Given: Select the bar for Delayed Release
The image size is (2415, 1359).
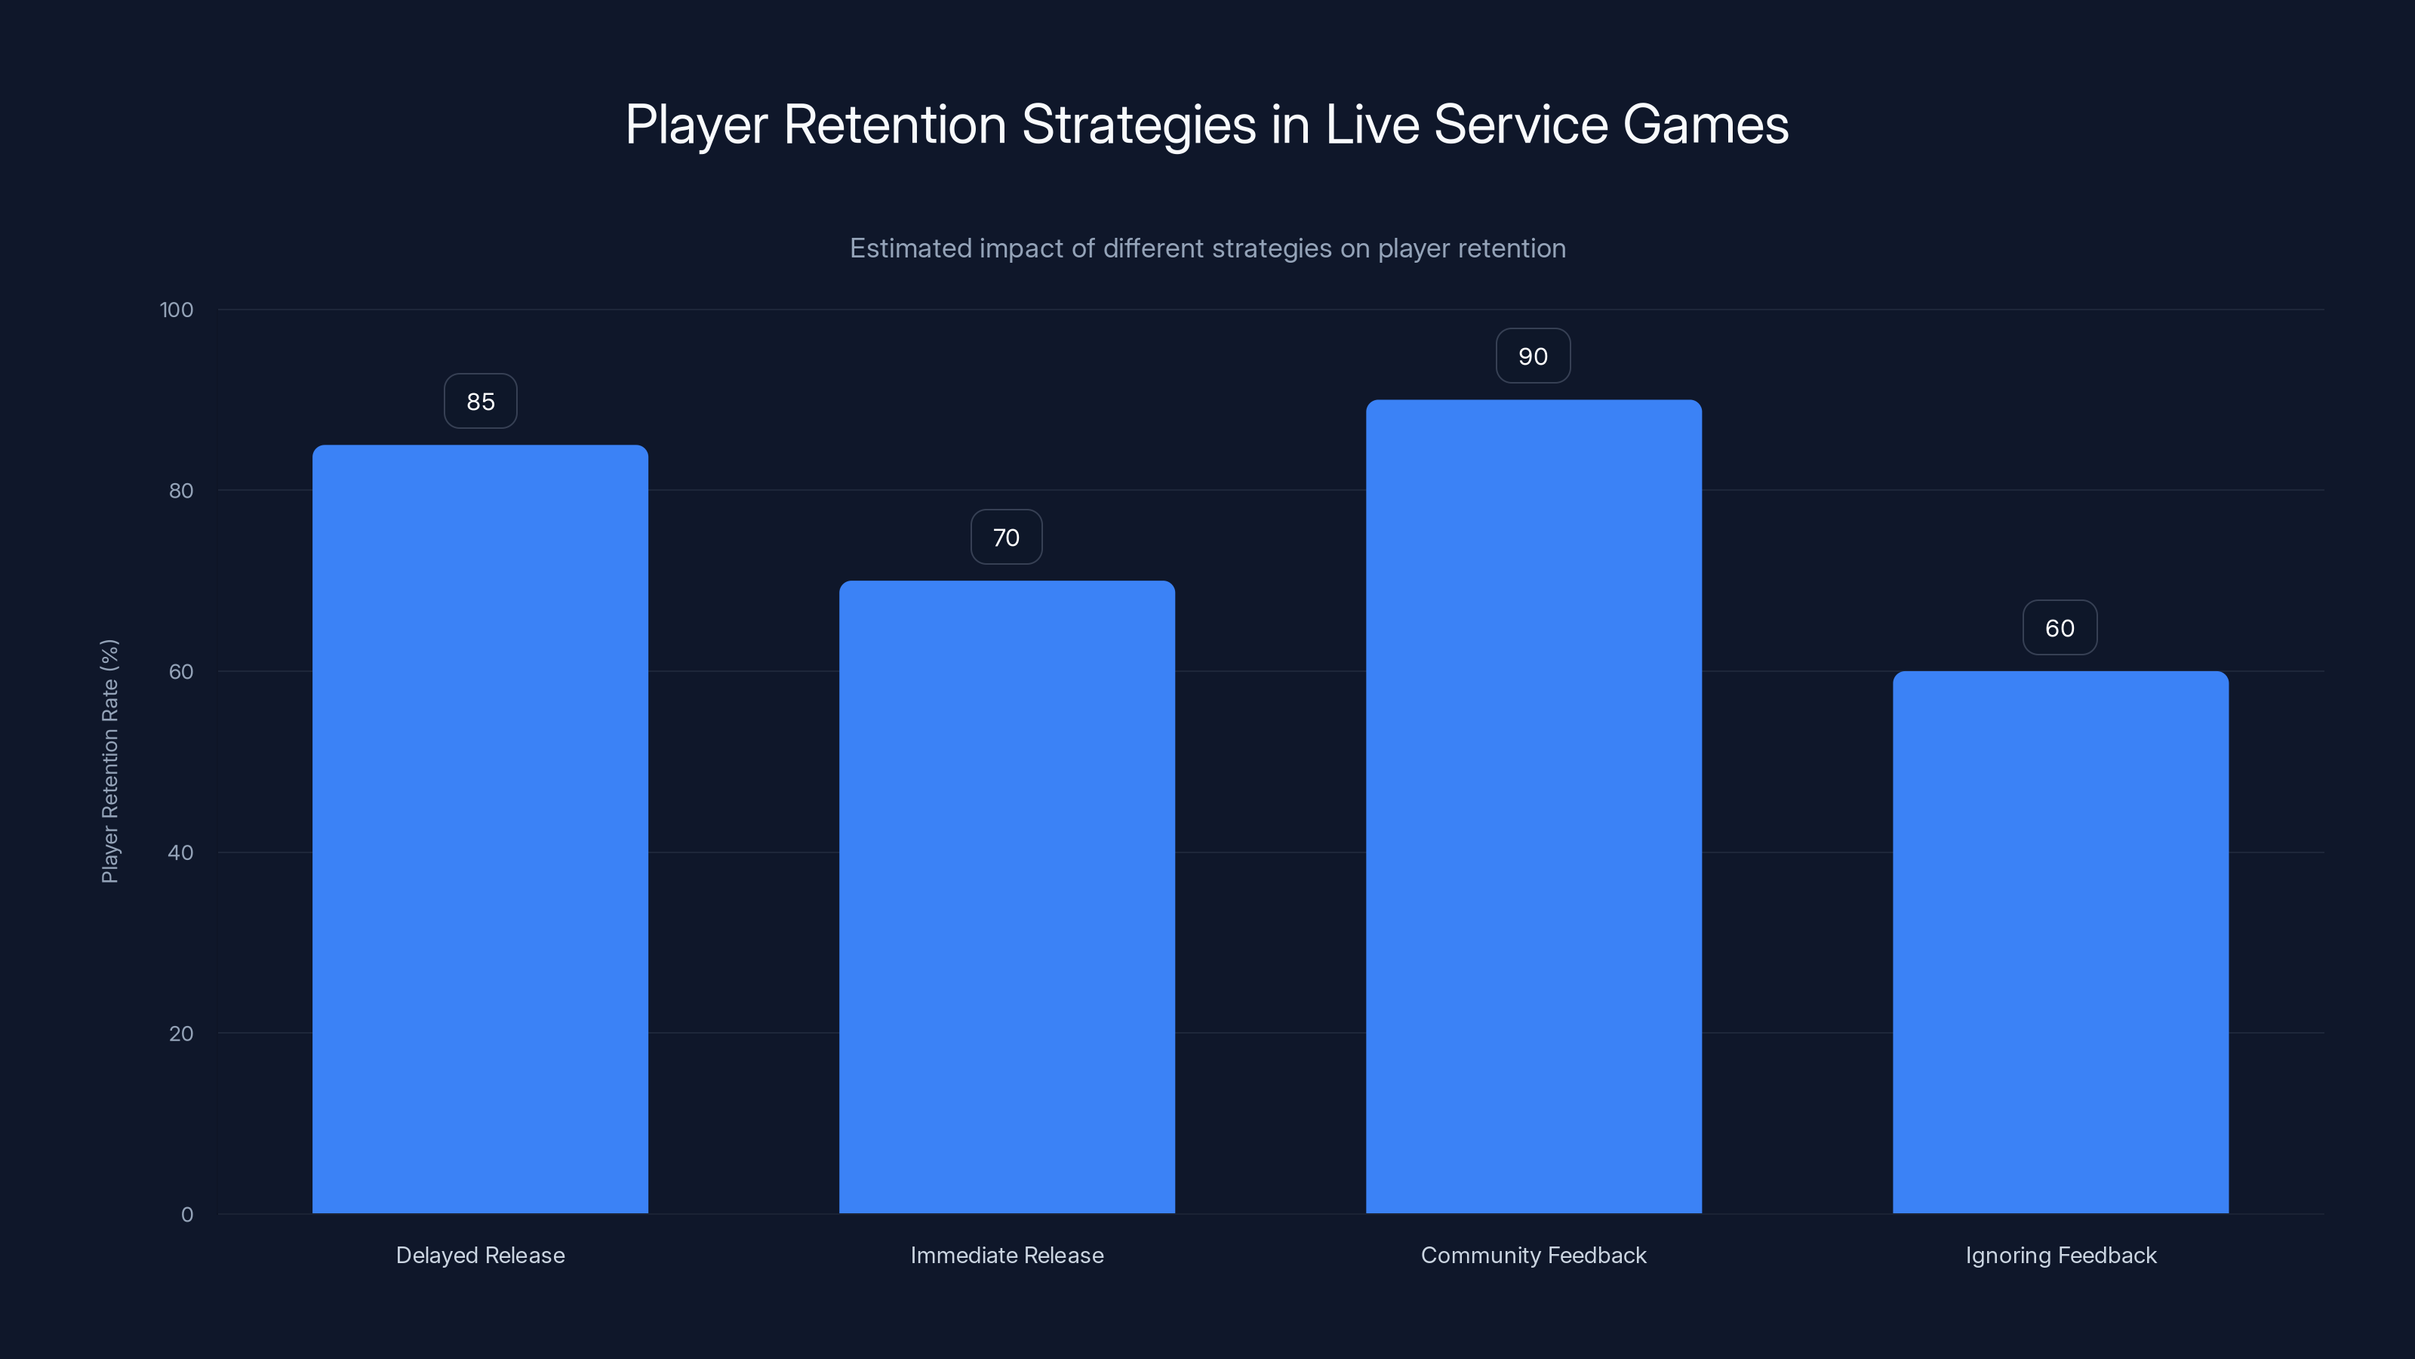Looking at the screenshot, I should pos(480,829).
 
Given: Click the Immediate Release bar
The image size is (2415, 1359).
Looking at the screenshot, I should pos(1006,897).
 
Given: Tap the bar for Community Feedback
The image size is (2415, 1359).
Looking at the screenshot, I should pos(1533,806).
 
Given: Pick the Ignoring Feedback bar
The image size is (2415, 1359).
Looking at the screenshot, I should pos(2060,941).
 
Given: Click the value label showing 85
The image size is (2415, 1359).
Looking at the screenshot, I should pos(480,402).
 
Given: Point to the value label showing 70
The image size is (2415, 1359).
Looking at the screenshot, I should pos(1006,538).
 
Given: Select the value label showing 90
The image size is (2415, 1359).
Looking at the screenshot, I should pos(1533,356).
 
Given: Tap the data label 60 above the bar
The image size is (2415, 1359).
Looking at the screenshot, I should pos(2060,628).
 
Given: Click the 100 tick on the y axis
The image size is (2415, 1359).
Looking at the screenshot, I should pos(177,310).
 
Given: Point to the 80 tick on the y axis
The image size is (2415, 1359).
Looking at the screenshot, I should pos(181,491).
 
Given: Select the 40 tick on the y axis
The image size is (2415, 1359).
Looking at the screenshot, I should pos(181,852).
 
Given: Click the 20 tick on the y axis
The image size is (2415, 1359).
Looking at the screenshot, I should pos(181,1034).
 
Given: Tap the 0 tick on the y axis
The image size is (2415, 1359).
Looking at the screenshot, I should pos(186,1215).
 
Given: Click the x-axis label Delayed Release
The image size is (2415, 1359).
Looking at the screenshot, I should pos(480,1255).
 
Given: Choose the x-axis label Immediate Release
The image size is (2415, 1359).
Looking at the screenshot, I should pos(1007,1255).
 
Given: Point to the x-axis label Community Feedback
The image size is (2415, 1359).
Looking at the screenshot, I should pos(1533,1255).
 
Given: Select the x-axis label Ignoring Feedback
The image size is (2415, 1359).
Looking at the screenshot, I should pos(2060,1255).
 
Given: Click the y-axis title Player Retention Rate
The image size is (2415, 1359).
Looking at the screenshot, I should pos(109,760).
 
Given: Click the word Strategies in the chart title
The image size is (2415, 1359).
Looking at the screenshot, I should pos(1138,125).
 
